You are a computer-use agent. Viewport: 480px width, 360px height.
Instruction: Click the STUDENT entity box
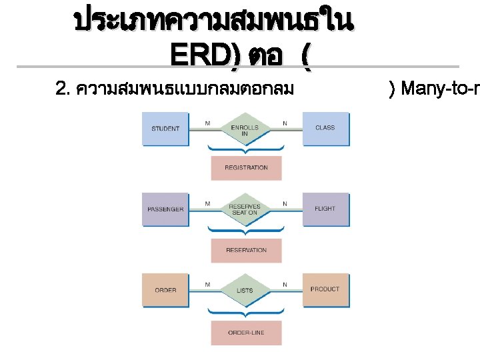[x=165, y=128]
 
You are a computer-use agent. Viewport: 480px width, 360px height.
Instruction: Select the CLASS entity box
[x=325, y=128]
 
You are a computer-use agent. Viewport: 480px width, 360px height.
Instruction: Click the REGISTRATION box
[x=246, y=168]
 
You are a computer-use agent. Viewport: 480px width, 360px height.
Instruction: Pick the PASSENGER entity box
[x=165, y=209]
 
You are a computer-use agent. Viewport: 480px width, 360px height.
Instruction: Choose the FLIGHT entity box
[x=325, y=209]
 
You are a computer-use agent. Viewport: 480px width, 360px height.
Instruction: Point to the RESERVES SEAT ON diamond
[x=245, y=209]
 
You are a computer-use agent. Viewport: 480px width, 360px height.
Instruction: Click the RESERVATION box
[x=246, y=251]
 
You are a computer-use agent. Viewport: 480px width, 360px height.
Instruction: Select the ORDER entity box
[x=165, y=290]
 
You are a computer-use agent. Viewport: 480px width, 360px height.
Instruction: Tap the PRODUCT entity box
[x=325, y=290]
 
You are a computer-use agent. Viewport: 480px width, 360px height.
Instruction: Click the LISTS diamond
[x=245, y=291]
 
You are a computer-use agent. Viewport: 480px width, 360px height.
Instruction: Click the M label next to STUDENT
[x=207, y=123]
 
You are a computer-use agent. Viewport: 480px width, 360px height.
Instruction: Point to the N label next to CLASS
[x=285, y=123]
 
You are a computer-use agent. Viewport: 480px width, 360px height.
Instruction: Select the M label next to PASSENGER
[x=207, y=203]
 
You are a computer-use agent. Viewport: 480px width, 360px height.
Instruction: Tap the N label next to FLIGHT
[x=285, y=203]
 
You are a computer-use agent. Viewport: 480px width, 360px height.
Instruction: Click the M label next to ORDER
[x=207, y=285]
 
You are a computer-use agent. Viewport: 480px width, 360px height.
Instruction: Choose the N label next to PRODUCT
[x=285, y=285]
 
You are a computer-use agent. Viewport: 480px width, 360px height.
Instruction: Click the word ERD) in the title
[x=204, y=55]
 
